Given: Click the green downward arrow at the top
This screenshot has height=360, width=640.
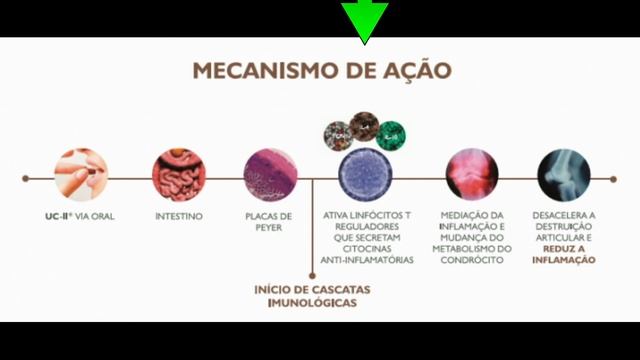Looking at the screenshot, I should pyautogui.click(x=365, y=20).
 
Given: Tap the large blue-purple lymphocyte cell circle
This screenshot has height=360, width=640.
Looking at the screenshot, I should pyautogui.click(x=366, y=176).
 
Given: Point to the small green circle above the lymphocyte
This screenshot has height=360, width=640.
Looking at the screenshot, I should pyautogui.click(x=391, y=131).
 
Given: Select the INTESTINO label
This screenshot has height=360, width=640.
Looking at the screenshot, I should pyautogui.click(x=180, y=215).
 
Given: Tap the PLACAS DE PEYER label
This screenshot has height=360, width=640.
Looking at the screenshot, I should pyautogui.click(x=269, y=221).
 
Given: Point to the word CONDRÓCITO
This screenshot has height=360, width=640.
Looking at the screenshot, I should pyautogui.click(x=471, y=259).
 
